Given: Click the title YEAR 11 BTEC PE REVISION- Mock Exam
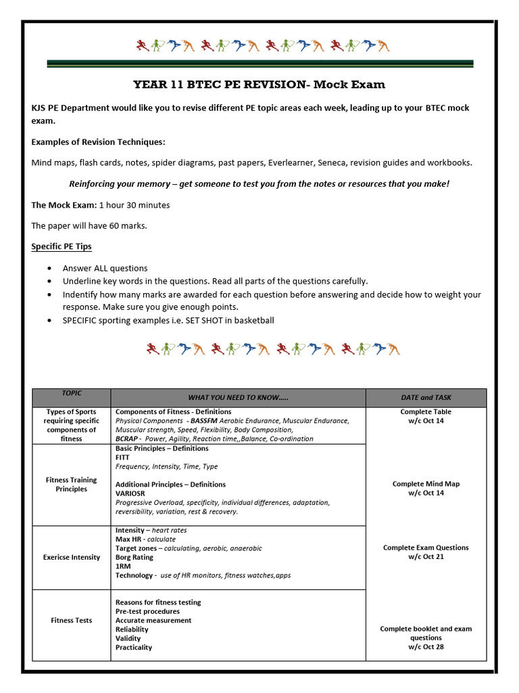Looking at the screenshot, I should [x=259, y=85].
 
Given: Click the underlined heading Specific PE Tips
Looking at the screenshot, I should [x=61, y=246].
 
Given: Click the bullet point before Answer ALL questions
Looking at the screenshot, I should [x=50, y=269].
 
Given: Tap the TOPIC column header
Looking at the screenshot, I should [x=72, y=393].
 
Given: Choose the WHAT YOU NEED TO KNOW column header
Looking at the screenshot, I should [x=238, y=397].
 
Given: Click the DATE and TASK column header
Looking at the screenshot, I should [x=426, y=397].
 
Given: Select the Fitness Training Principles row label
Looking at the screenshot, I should [x=72, y=485].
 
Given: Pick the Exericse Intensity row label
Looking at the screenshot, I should [x=72, y=557].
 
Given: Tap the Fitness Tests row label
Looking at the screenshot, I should [x=72, y=620].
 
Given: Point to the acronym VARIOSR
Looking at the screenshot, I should [x=130, y=493].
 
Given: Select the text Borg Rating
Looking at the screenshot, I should [x=134, y=557].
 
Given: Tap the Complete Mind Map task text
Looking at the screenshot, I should [x=426, y=484].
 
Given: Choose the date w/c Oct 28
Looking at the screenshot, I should [x=426, y=647].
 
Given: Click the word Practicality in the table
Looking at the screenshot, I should [x=134, y=647].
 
